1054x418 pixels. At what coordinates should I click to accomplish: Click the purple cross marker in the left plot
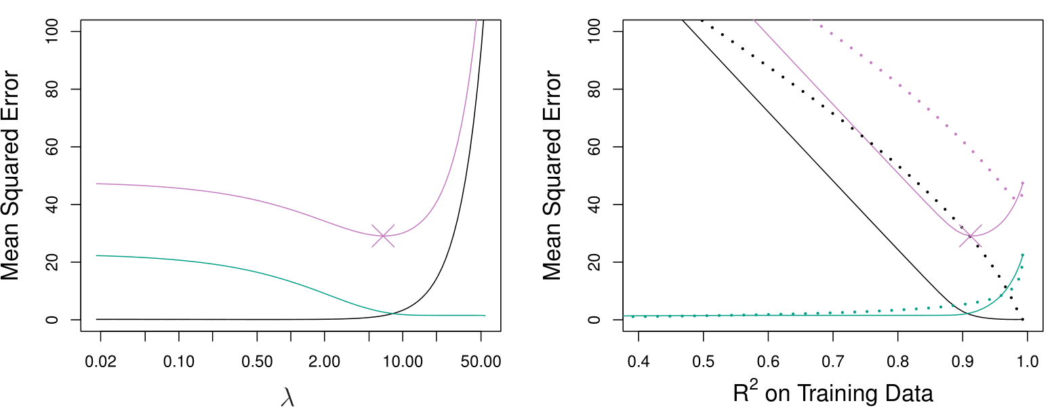click(383, 236)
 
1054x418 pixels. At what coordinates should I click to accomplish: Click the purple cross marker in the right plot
click(971, 236)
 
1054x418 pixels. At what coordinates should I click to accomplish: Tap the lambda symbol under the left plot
click(287, 398)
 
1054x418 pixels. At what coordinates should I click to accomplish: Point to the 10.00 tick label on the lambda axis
click(403, 362)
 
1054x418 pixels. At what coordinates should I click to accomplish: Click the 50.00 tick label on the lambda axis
click(481, 362)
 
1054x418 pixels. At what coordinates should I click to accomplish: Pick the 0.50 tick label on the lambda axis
click(257, 362)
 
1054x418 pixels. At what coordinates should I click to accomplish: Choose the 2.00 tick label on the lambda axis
click(324, 362)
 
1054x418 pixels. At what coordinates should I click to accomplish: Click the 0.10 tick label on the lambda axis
click(179, 362)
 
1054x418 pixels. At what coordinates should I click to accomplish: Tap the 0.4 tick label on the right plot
click(638, 362)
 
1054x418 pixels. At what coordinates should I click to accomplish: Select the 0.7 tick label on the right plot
click(832, 362)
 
